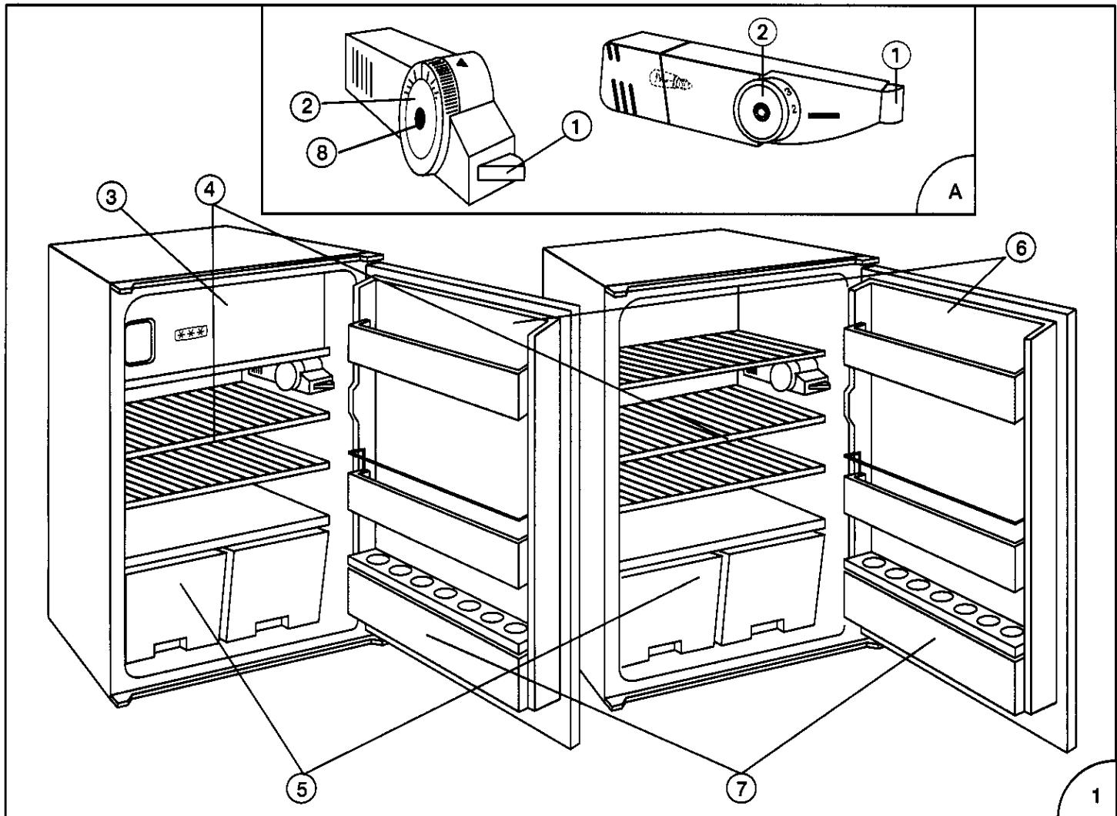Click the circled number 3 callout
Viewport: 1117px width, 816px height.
pos(114,196)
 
